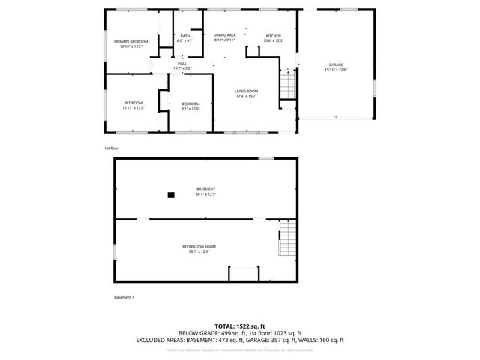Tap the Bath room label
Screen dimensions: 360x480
(x=184, y=36)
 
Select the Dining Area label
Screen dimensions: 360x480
(x=224, y=35)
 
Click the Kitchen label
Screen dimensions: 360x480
(x=274, y=36)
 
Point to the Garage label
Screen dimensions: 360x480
(x=335, y=64)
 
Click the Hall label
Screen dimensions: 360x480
(x=181, y=64)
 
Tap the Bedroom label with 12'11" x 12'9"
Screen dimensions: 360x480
(x=133, y=103)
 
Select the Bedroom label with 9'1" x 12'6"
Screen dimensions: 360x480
(x=190, y=103)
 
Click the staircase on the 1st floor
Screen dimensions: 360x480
(x=287, y=83)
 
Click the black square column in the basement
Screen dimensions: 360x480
(x=171, y=195)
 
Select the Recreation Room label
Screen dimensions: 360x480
(x=199, y=247)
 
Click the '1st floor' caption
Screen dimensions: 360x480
(x=111, y=148)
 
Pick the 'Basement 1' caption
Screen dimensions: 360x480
(x=124, y=298)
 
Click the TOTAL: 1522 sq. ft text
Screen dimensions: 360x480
(x=239, y=325)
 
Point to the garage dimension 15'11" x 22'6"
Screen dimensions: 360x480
(x=336, y=70)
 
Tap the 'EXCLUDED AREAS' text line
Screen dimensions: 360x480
(x=239, y=340)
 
